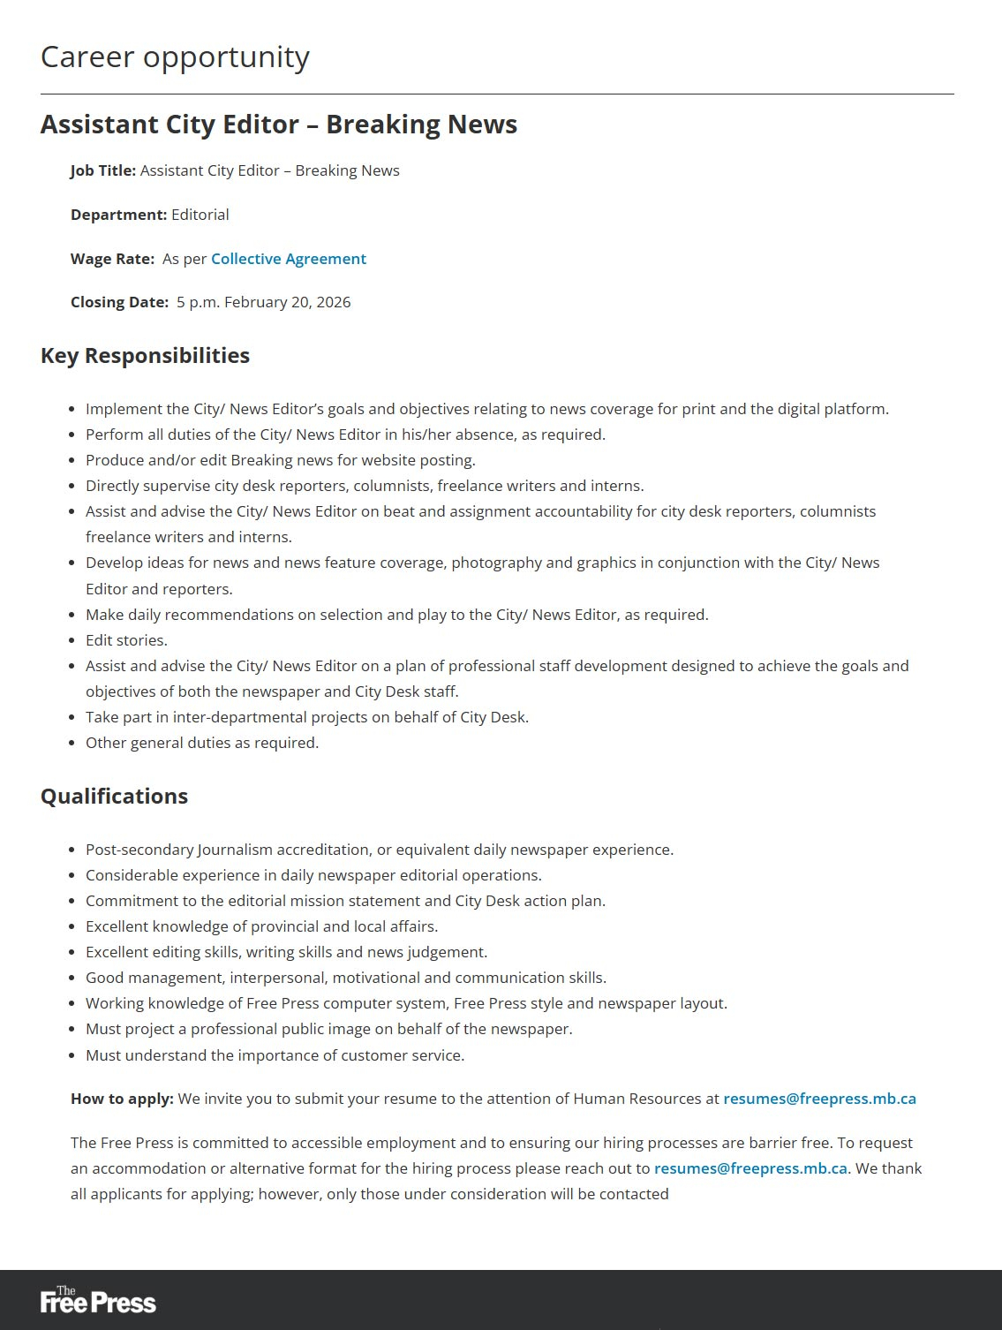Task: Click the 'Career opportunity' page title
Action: [x=175, y=57]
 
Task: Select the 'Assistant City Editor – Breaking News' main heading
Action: [x=279, y=125]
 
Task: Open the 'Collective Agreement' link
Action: [x=288, y=259]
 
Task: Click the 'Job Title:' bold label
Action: [x=103, y=170]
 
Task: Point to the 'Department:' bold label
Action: [x=118, y=215]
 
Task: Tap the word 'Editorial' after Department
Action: [x=200, y=215]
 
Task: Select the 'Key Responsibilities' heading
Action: [x=145, y=355]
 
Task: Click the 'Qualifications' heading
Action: [x=114, y=796]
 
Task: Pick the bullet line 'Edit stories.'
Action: [x=126, y=640]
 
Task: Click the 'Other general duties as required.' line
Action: [x=202, y=743]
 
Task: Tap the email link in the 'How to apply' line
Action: [x=819, y=1099]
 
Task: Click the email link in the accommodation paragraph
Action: [x=750, y=1168]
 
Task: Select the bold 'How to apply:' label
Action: [x=122, y=1099]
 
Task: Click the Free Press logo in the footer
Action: [x=98, y=1300]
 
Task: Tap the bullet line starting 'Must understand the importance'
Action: [x=275, y=1055]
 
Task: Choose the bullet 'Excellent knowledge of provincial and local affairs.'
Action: [x=261, y=926]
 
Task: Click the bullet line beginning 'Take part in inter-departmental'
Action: [x=307, y=717]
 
